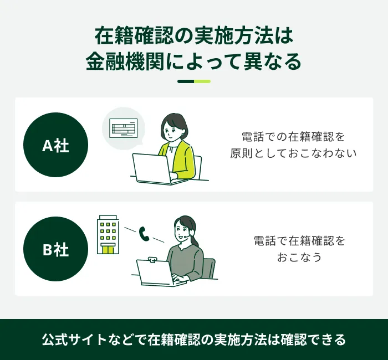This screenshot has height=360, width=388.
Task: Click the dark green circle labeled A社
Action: (55, 145)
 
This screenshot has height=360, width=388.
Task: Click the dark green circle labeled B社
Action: (55, 249)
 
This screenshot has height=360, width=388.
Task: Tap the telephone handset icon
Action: (144, 233)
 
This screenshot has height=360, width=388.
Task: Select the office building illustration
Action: (108, 234)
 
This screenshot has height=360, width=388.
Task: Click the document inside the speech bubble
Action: (123, 128)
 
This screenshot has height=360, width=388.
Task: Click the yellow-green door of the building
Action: (108, 249)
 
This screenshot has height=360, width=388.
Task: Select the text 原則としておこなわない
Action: (293, 153)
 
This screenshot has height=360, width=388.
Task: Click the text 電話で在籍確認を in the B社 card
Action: (299, 240)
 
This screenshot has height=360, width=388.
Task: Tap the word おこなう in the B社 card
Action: (299, 257)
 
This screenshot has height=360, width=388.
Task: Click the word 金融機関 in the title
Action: (125, 61)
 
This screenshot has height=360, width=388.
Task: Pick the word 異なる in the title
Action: (272, 61)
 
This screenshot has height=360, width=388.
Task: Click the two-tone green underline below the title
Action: (194, 81)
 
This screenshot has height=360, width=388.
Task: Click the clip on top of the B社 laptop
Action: (152, 260)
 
